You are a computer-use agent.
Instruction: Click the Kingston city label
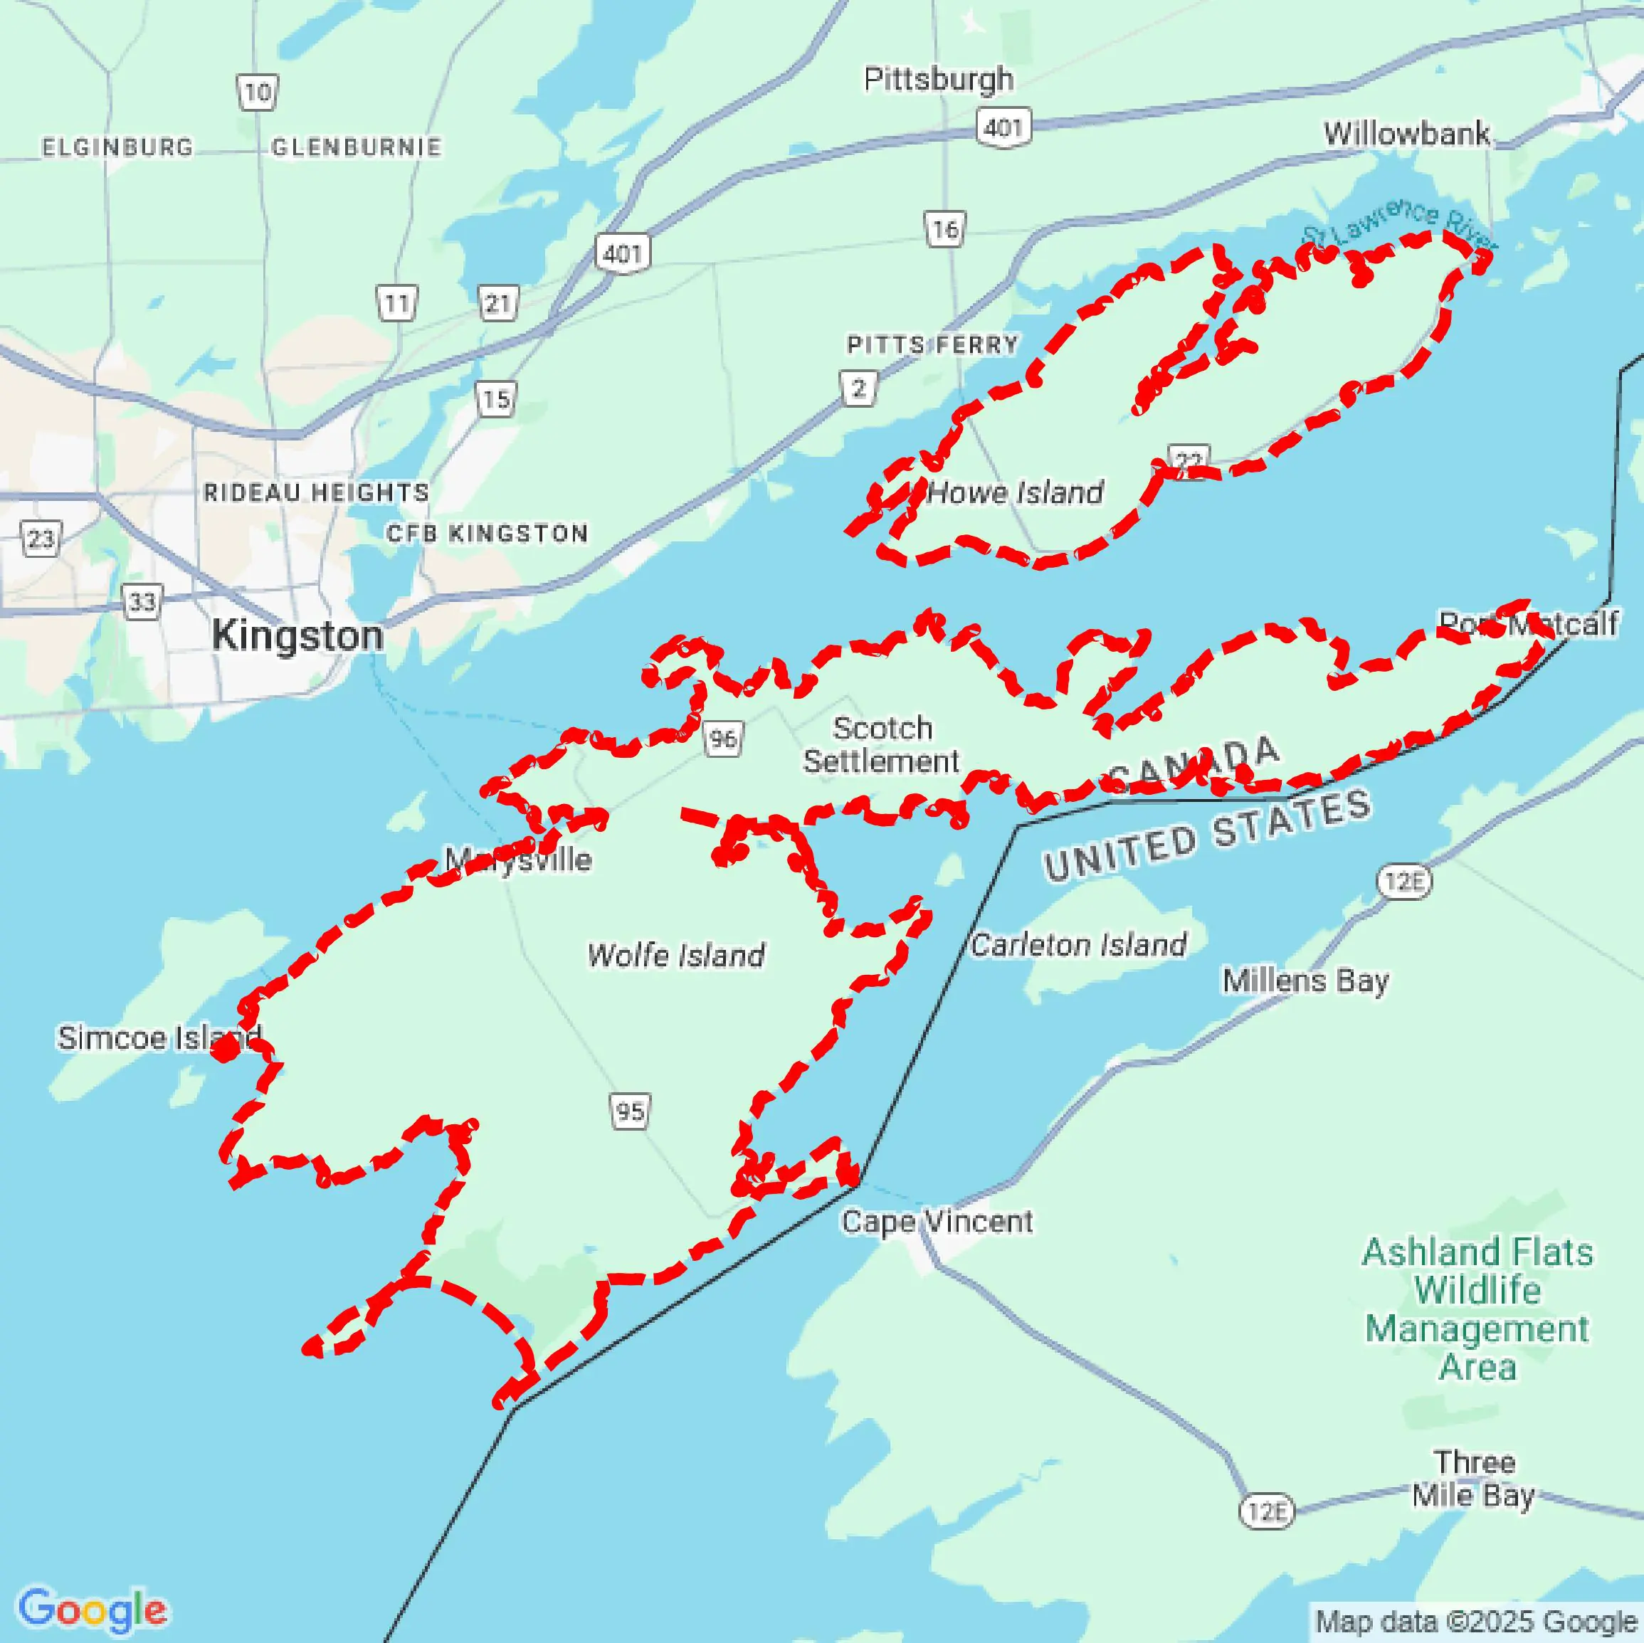(x=297, y=635)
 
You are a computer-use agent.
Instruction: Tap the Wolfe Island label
(x=675, y=955)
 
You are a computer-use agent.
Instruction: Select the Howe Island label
(x=1015, y=492)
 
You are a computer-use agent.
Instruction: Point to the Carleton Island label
(x=1078, y=944)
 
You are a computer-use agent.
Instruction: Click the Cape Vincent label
(x=937, y=1222)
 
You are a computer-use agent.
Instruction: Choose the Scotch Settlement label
(x=881, y=744)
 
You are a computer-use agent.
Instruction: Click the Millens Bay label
(x=1305, y=981)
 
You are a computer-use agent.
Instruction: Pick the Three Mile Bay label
(x=1473, y=1479)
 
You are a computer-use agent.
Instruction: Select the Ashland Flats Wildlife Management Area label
(x=1477, y=1310)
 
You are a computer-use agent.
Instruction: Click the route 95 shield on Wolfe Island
(x=630, y=1111)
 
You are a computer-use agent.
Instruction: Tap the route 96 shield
(x=723, y=738)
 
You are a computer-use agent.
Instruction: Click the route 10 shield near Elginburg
(x=257, y=92)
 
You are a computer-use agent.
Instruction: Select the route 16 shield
(x=944, y=229)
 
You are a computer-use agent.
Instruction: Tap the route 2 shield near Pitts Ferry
(x=858, y=389)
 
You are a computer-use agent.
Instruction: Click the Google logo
(x=92, y=1608)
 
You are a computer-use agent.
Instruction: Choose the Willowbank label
(x=1406, y=134)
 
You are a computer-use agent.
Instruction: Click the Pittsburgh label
(x=939, y=79)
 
